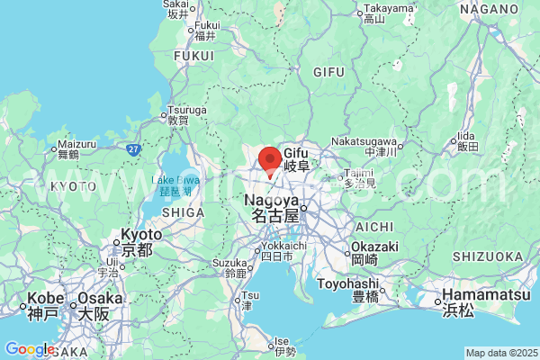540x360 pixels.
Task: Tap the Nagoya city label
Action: tap(272, 208)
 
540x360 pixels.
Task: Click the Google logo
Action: tap(29, 349)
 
